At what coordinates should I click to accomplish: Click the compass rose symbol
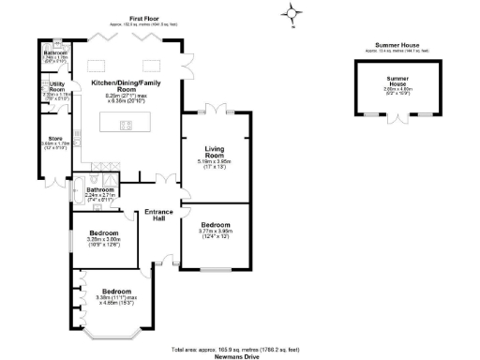point(292,13)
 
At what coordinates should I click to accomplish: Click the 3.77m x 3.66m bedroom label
point(217,230)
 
